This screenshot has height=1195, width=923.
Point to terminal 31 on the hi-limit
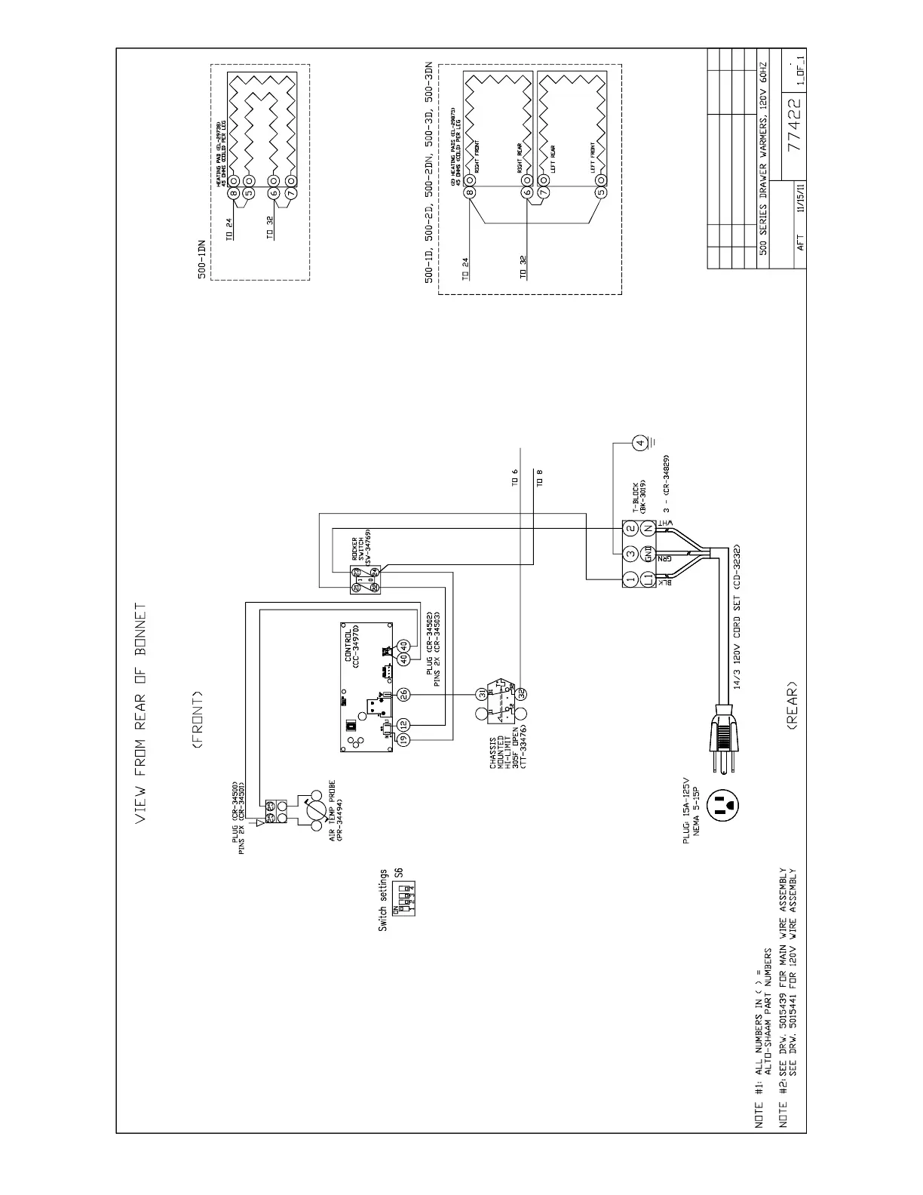click(x=480, y=693)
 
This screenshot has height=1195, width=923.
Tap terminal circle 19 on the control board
click(x=403, y=741)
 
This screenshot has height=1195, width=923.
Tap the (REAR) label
click(x=791, y=706)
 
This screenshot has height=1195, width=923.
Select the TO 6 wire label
click(x=515, y=477)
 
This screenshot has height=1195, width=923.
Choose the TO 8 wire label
click(x=538, y=477)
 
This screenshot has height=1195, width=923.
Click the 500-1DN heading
click(x=201, y=260)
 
